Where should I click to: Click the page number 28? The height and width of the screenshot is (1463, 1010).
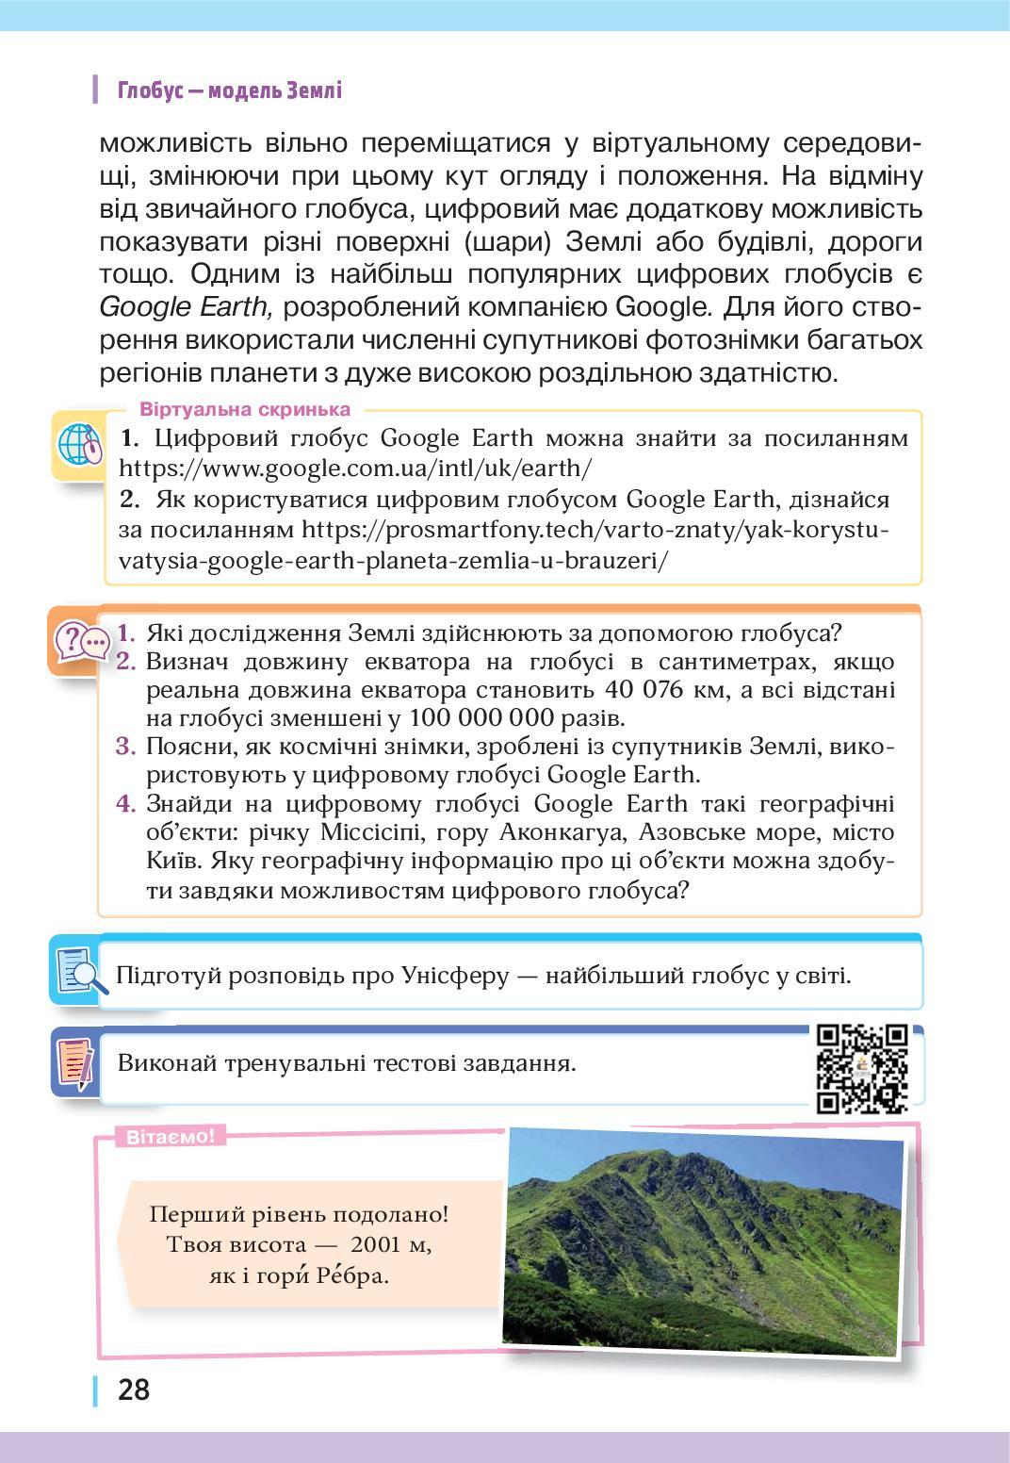click(134, 1389)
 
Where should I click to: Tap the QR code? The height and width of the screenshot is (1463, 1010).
click(862, 1068)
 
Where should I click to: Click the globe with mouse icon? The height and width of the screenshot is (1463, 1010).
click(79, 446)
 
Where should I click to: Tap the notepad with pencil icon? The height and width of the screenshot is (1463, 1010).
click(78, 1062)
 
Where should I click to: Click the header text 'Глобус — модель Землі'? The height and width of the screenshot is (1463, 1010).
click(229, 90)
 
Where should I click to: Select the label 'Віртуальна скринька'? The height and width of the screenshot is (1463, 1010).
click(245, 410)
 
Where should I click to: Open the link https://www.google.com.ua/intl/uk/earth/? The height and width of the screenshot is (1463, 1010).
click(355, 467)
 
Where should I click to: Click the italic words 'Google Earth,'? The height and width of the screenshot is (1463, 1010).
click(186, 307)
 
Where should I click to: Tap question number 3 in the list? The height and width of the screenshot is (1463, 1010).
click(127, 747)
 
